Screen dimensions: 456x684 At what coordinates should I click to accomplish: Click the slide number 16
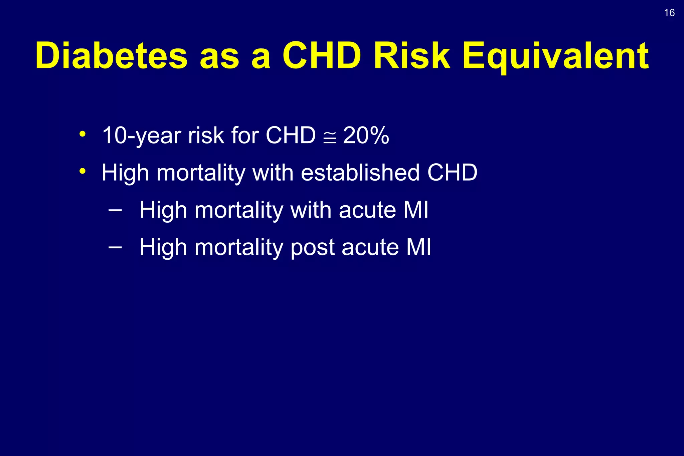tap(669, 13)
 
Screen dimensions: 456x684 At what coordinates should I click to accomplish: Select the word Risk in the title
tap(412, 56)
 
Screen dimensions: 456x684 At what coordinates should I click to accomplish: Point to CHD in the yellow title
tap(322, 56)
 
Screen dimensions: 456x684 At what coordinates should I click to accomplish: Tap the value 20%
tap(366, 136)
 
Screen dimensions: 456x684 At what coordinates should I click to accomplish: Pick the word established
tap(360, 173)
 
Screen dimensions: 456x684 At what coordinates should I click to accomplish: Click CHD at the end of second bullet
tap(452, 173)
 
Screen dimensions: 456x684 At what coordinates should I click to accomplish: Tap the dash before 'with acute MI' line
tap(115, 210)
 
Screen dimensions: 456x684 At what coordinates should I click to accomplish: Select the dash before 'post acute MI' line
tap(115, 247)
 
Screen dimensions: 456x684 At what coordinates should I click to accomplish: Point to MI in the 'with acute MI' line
tap(415, 210)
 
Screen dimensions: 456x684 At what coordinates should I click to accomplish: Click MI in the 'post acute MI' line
tap(418, 247)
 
